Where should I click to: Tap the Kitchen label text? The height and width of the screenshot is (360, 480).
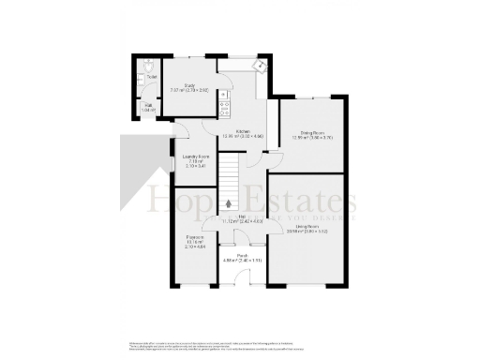(243, 134)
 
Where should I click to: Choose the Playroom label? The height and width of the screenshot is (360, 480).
(195, 240)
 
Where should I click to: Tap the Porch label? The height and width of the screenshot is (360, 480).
(242, 255)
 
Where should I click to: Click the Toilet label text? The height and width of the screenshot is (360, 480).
(151, 77)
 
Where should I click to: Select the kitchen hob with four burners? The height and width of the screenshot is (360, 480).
(225, 104)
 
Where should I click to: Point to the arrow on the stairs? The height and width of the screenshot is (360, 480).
(232, 202)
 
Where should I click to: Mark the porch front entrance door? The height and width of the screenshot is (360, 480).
(242, 278)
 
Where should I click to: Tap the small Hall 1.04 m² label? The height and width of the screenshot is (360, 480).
(147, 108)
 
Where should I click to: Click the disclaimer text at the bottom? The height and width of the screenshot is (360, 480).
(240, 344)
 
